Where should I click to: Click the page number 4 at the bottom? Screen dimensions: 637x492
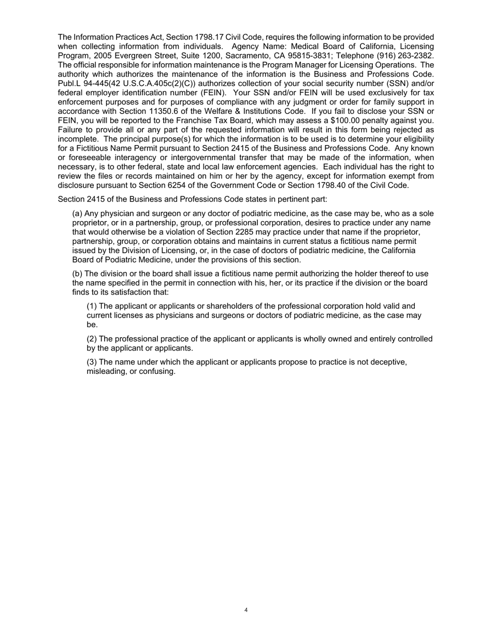click(246, 610)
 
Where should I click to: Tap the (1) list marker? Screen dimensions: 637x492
click(92, 307)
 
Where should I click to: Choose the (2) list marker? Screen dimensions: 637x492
click(92, 339)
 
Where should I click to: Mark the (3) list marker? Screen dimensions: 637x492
click(92, 362)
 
